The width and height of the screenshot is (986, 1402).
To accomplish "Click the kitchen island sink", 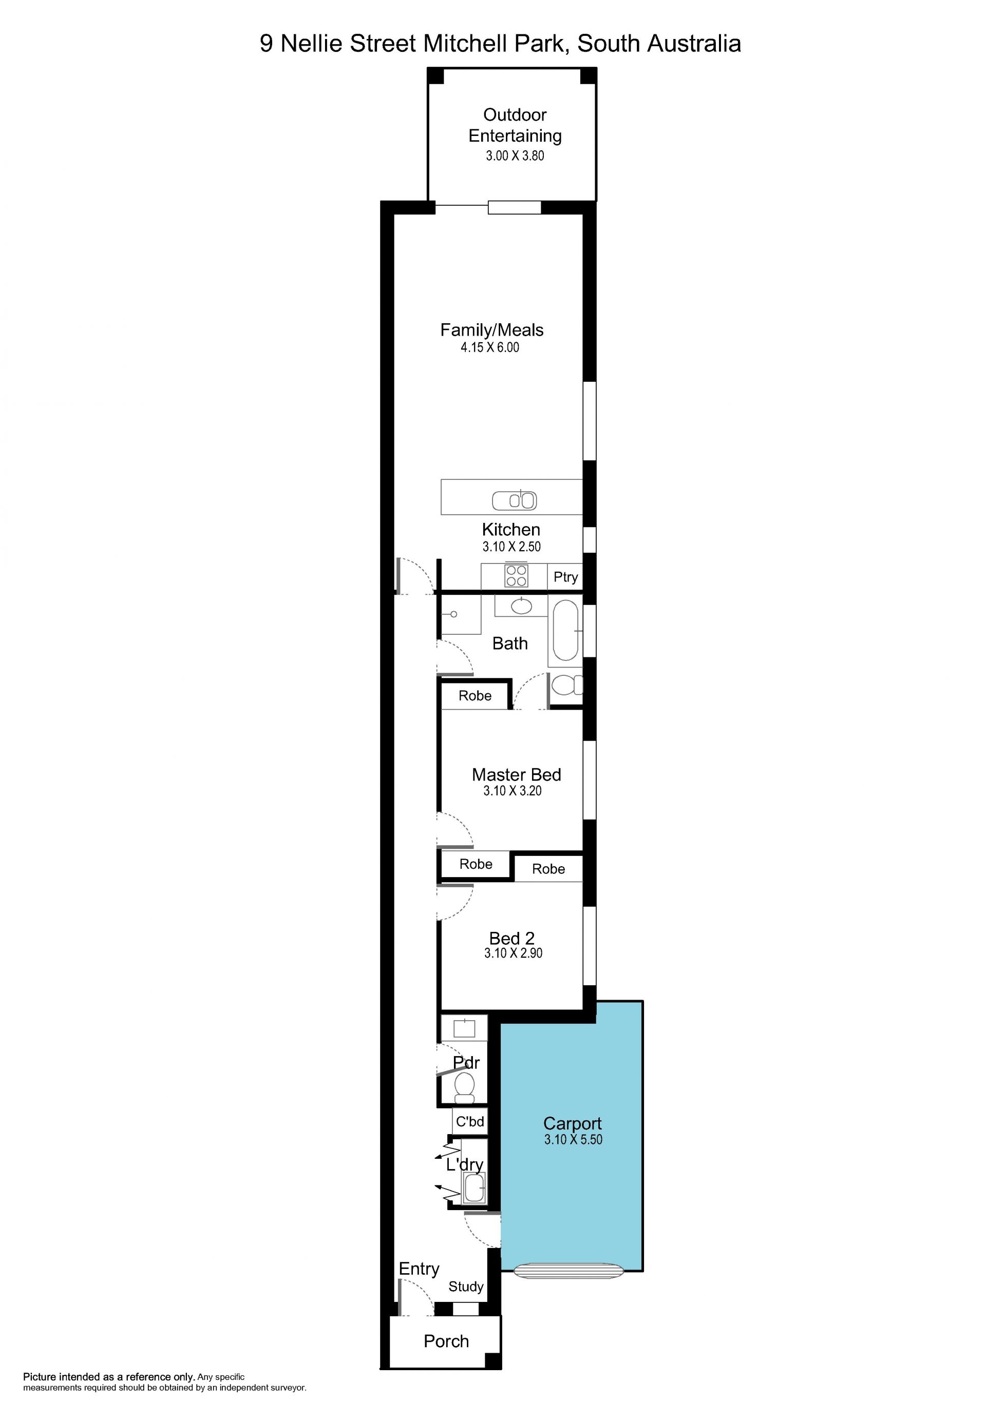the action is (515, 501).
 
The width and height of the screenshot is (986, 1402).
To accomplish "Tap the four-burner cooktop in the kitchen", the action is (516, 576).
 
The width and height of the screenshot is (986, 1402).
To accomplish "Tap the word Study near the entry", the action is (466, 1287).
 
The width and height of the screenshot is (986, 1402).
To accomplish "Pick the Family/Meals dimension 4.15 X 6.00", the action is (490, 347).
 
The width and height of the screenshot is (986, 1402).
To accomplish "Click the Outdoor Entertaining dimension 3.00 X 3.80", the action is (515, 155).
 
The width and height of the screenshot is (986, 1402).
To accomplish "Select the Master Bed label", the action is (516, 775).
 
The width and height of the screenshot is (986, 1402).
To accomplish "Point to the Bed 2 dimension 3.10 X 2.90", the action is (513, 953).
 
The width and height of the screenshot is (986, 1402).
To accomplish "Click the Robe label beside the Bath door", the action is (475, 695).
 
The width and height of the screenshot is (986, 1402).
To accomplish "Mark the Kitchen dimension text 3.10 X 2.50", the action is (512, 547).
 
